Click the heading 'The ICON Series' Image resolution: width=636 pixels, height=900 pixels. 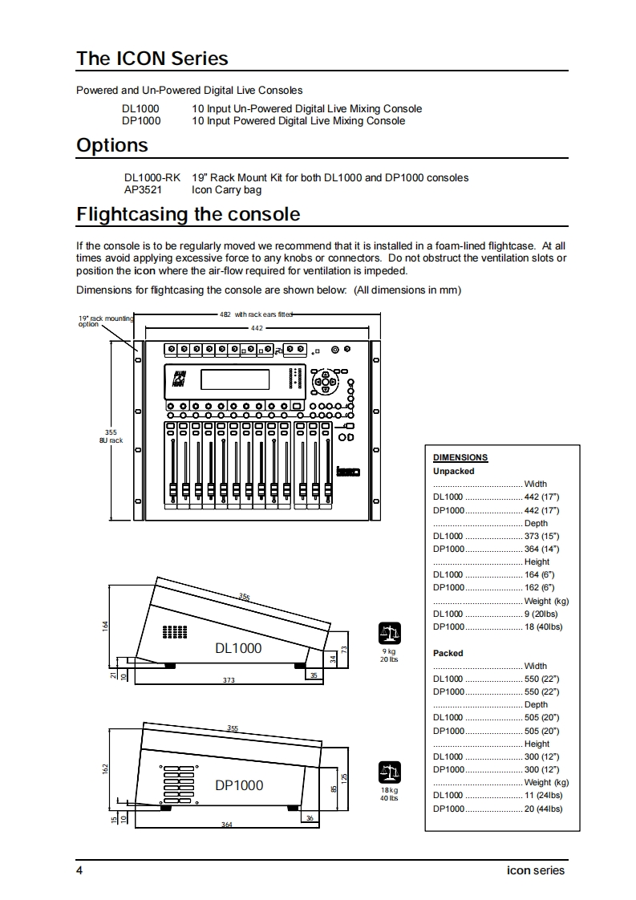click(152, 59)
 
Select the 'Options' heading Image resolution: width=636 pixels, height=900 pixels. click(112, 145)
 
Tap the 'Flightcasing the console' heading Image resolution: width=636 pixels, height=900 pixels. click(188, 214)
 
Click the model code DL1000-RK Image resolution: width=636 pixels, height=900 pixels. click(152, 177)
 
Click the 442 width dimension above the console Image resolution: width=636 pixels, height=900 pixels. click(257, 328)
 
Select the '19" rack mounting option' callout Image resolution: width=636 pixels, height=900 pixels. click(105, 322)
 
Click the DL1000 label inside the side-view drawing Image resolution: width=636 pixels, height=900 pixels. click(238, 647)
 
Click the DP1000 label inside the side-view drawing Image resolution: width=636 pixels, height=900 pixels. click(238, 785)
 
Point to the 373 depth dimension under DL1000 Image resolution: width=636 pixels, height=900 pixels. click(229, 680)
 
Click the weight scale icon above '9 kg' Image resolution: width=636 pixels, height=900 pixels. click(389, 634)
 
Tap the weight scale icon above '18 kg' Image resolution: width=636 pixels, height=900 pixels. click(389, 772)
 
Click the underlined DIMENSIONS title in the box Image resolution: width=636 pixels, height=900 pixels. click(460, 458)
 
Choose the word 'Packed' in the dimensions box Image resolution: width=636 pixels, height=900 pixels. click(448, 653)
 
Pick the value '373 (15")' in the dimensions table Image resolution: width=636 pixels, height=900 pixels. click(541, 536)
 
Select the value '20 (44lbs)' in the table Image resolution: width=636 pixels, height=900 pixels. click(543, 809)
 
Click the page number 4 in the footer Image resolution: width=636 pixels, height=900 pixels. click(79, 870)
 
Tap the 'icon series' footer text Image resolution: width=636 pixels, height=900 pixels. click(536, 870)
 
